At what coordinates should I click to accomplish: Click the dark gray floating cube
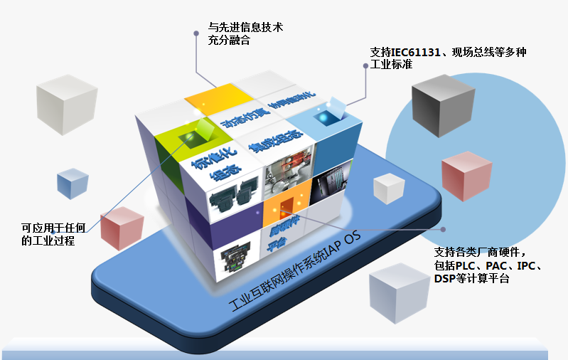(443, 107)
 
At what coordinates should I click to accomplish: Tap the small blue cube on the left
(73, 184)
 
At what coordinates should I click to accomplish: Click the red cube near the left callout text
(122, 228)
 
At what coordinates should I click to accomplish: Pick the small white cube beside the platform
(390, 189)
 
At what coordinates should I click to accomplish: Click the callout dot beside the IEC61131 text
(366, 65)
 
